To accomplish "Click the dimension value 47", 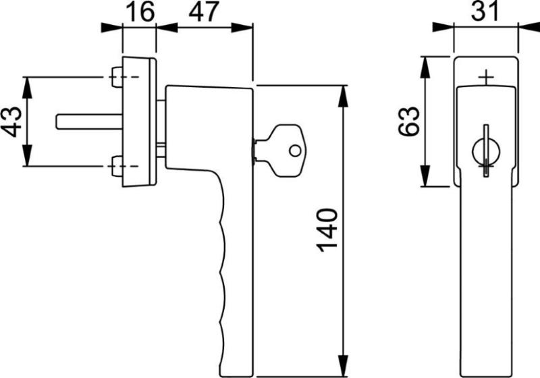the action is (204, 11).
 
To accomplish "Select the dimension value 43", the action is (11, 122).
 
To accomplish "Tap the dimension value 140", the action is (327, 230).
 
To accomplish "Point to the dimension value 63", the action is (409, 122).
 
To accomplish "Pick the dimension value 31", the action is (485, 11).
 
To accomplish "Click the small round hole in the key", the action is (294, 151).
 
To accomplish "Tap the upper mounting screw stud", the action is (117, 77).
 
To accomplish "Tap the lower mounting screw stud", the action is (117, 167).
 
